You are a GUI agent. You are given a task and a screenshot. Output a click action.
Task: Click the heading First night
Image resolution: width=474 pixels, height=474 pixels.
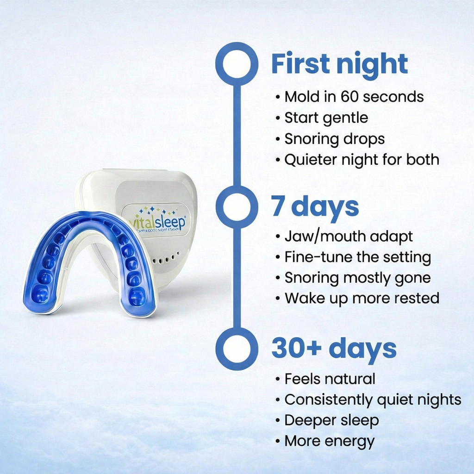tap(339, 64)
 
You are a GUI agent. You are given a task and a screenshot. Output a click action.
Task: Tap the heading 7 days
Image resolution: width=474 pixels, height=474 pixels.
tap(315, 206)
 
